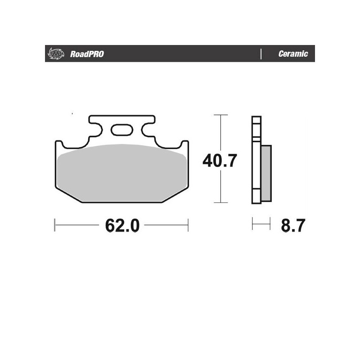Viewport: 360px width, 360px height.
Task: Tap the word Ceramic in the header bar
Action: click(293, 54)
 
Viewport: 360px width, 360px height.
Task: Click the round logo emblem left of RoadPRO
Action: click(54, 54)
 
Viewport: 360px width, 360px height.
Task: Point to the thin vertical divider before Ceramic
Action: click(261, 54)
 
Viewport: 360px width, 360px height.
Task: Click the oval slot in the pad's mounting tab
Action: click(121, 131)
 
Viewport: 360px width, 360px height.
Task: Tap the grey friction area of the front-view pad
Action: click(121, 173)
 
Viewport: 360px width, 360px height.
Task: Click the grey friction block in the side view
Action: click(266, 173)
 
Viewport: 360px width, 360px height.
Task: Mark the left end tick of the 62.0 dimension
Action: click(54, 225)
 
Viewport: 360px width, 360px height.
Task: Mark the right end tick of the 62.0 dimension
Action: click(188, 225)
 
